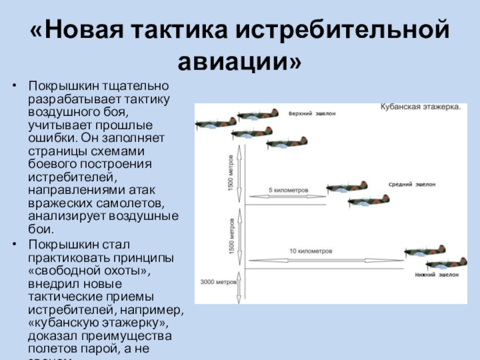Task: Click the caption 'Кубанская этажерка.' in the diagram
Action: (420, 107)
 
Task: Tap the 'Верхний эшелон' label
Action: (312, 113)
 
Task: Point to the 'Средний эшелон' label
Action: (412, 185)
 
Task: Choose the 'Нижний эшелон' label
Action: (436, 275)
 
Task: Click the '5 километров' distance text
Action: (288, 190)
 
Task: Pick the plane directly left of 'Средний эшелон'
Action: (346, 187)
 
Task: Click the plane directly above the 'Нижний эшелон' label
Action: (446, 262)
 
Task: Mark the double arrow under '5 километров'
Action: (287, 196)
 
